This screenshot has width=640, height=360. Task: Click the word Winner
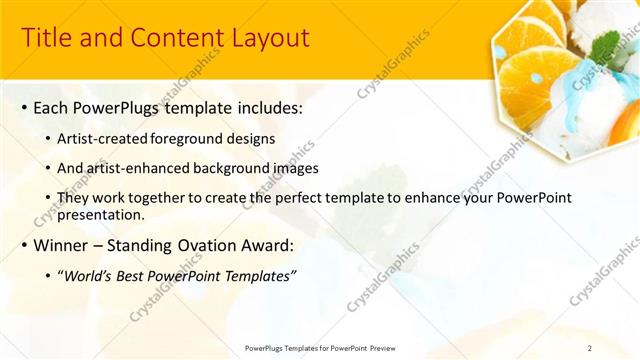coord(62,245)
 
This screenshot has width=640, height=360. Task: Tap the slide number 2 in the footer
coord(590,347)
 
